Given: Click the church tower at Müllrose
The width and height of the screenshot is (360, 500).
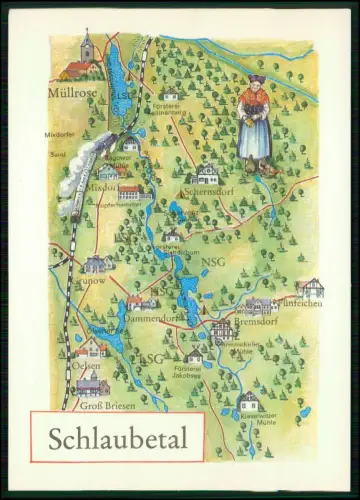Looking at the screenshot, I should (x=87, y=46).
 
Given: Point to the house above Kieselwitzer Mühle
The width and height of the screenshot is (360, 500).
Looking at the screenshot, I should (x=248, y=402).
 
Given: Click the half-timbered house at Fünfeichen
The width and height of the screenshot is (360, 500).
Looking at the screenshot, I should (x=309, y=287).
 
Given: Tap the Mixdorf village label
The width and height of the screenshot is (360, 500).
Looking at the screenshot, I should (x=102, y=186).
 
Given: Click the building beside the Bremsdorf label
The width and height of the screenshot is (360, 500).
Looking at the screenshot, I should (x=221, y=329).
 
